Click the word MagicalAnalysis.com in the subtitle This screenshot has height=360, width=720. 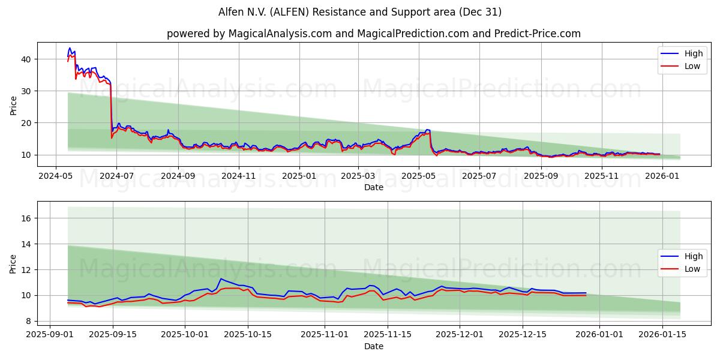280,34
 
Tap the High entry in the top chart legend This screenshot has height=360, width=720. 693,53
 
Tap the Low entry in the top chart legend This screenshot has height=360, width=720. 692,66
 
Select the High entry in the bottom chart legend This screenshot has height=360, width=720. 693,256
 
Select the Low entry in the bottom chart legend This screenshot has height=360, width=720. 692,269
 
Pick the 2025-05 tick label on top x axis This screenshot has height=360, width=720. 418,176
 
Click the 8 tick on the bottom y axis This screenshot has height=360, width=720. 29,321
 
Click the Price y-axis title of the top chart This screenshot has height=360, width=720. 13,104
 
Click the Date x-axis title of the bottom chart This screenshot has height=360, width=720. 373,346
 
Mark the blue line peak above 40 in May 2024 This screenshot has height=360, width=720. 70,48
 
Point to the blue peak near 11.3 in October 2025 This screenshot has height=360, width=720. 221,278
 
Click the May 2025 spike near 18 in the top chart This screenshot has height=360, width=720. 427,130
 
